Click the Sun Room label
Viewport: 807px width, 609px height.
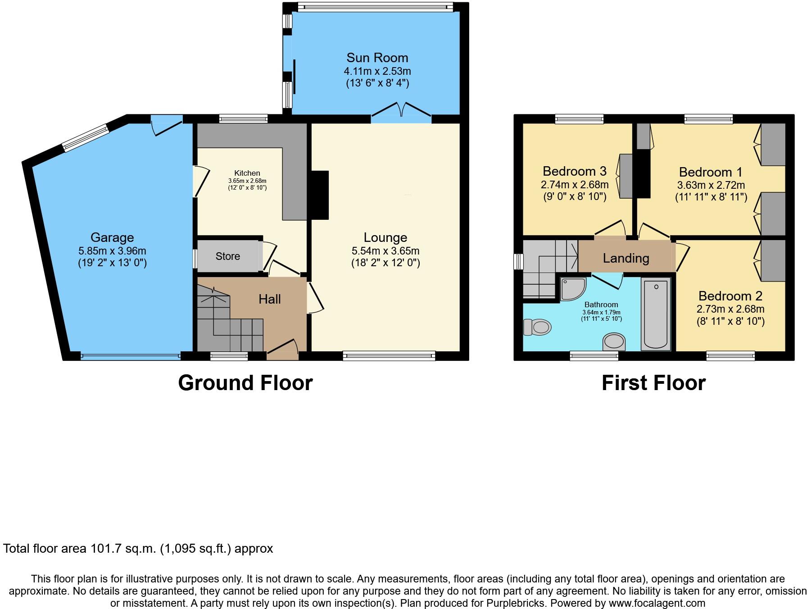377,58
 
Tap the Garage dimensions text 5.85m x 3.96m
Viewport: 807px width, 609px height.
112,251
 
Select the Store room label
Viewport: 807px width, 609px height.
227,256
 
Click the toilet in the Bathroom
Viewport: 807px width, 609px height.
538,327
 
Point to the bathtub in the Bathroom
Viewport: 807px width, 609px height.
656,314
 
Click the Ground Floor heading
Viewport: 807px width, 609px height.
245,383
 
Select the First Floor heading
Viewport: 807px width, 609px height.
653,383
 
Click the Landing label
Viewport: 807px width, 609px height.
626,258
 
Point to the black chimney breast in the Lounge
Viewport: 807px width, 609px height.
320,195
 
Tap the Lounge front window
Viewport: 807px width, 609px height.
389,356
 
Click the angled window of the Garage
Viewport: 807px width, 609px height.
86,137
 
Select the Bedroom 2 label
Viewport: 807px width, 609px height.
730,296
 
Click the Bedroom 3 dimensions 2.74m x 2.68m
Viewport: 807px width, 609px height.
574,185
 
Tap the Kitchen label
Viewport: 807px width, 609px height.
247,173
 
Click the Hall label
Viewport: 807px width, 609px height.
269,299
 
